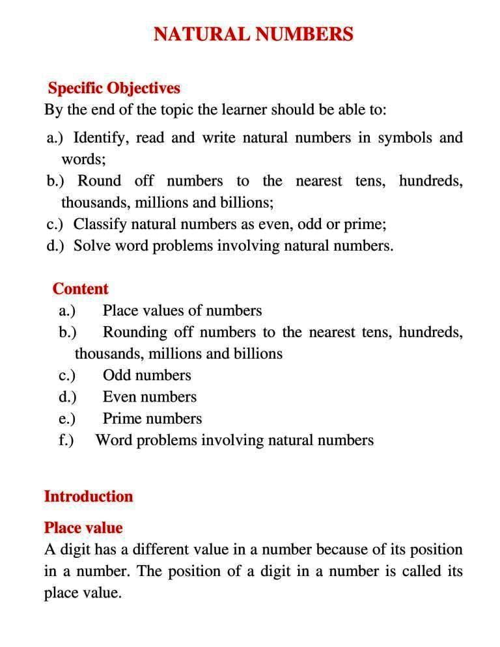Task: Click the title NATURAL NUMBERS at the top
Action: (x=253, y=34)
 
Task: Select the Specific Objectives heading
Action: (x=114, y=88)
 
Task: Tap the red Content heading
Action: (x=80, y=288)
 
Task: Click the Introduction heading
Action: (x=88, y=496)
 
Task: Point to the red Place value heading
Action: (x=83, y=527)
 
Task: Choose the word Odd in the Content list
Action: (x=117, y=376)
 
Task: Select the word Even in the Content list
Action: (x=119, y=397)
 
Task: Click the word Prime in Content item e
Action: (x=122, y=419)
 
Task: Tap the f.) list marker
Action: (x=66, y=441)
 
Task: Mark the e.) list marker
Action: (x=66, y=419)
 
